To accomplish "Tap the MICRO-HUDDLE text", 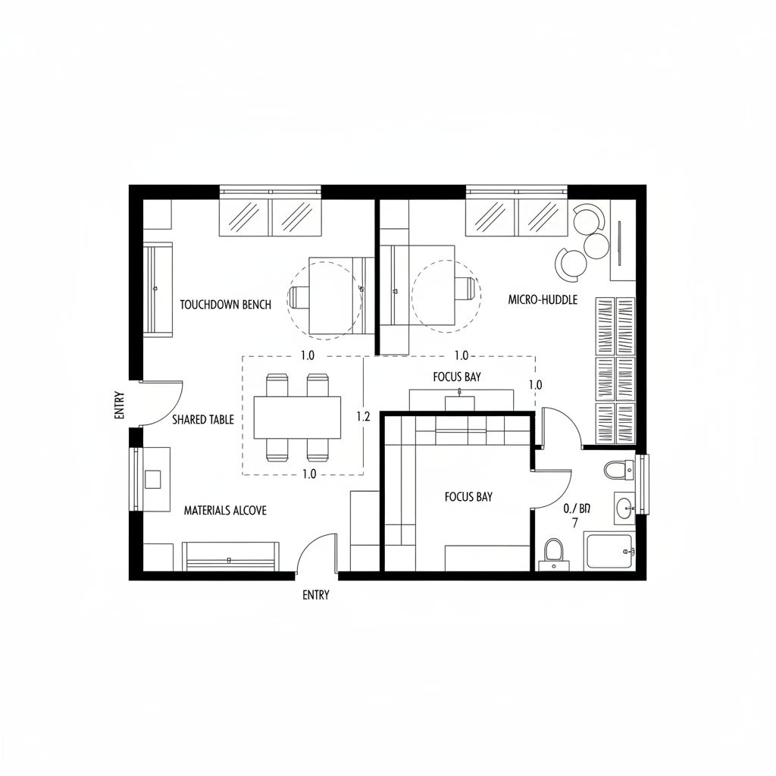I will click(x=543, y=300).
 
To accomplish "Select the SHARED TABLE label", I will click(x=203, y=419).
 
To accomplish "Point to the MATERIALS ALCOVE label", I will click(x=225, y=511).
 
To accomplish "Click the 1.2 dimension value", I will click(x=362, y=416).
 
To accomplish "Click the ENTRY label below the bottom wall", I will click(x=316, y=595).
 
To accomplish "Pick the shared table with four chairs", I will click(x=297, y=418).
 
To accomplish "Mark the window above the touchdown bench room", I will click(x=271, y=215).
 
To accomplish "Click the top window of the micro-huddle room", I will click(x=516, y=215).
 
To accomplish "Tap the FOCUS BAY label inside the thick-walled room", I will click(x=468, y=497).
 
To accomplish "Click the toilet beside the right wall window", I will click(x=618, y=470).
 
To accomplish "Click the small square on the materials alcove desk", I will click(x=152, y=479).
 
